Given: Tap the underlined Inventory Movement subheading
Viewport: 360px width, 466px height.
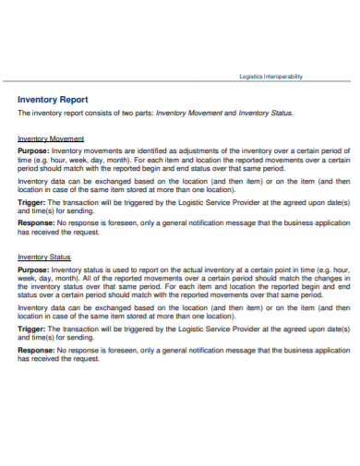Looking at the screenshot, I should point(52,137).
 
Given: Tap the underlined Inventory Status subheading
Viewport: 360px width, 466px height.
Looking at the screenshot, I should point(45,257).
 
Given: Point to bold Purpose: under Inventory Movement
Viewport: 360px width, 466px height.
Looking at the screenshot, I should point(34,149).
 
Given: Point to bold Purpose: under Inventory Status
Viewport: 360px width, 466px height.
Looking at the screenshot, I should point(34,269).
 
